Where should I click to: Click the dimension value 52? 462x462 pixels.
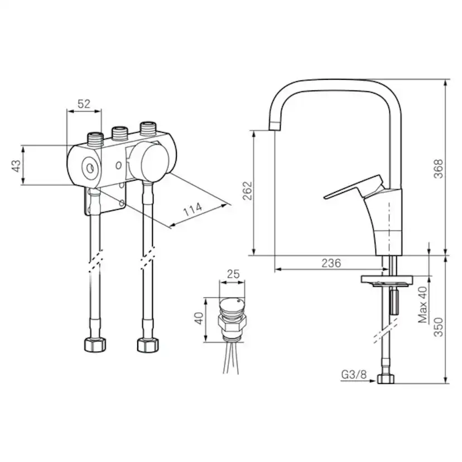(x=84, y=104)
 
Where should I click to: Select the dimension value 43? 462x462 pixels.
(x=16, y=165)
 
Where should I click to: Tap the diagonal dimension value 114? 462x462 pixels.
(x=193, y=210)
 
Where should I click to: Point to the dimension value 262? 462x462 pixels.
(x=248, y=191)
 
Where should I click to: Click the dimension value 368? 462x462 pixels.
(x=439, y=169)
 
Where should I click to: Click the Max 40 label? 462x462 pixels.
(x=422, y=306)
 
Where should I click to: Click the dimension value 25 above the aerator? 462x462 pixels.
(x=233, y=275)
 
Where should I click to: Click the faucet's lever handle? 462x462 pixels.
(x=352, y=187)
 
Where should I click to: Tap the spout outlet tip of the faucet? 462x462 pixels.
(x=275, y=126)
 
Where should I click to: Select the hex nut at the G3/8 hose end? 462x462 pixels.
(x=386, y=379)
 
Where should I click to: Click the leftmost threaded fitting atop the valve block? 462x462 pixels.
(x=95, y=137)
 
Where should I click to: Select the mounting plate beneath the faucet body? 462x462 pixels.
(x=387, y=280)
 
